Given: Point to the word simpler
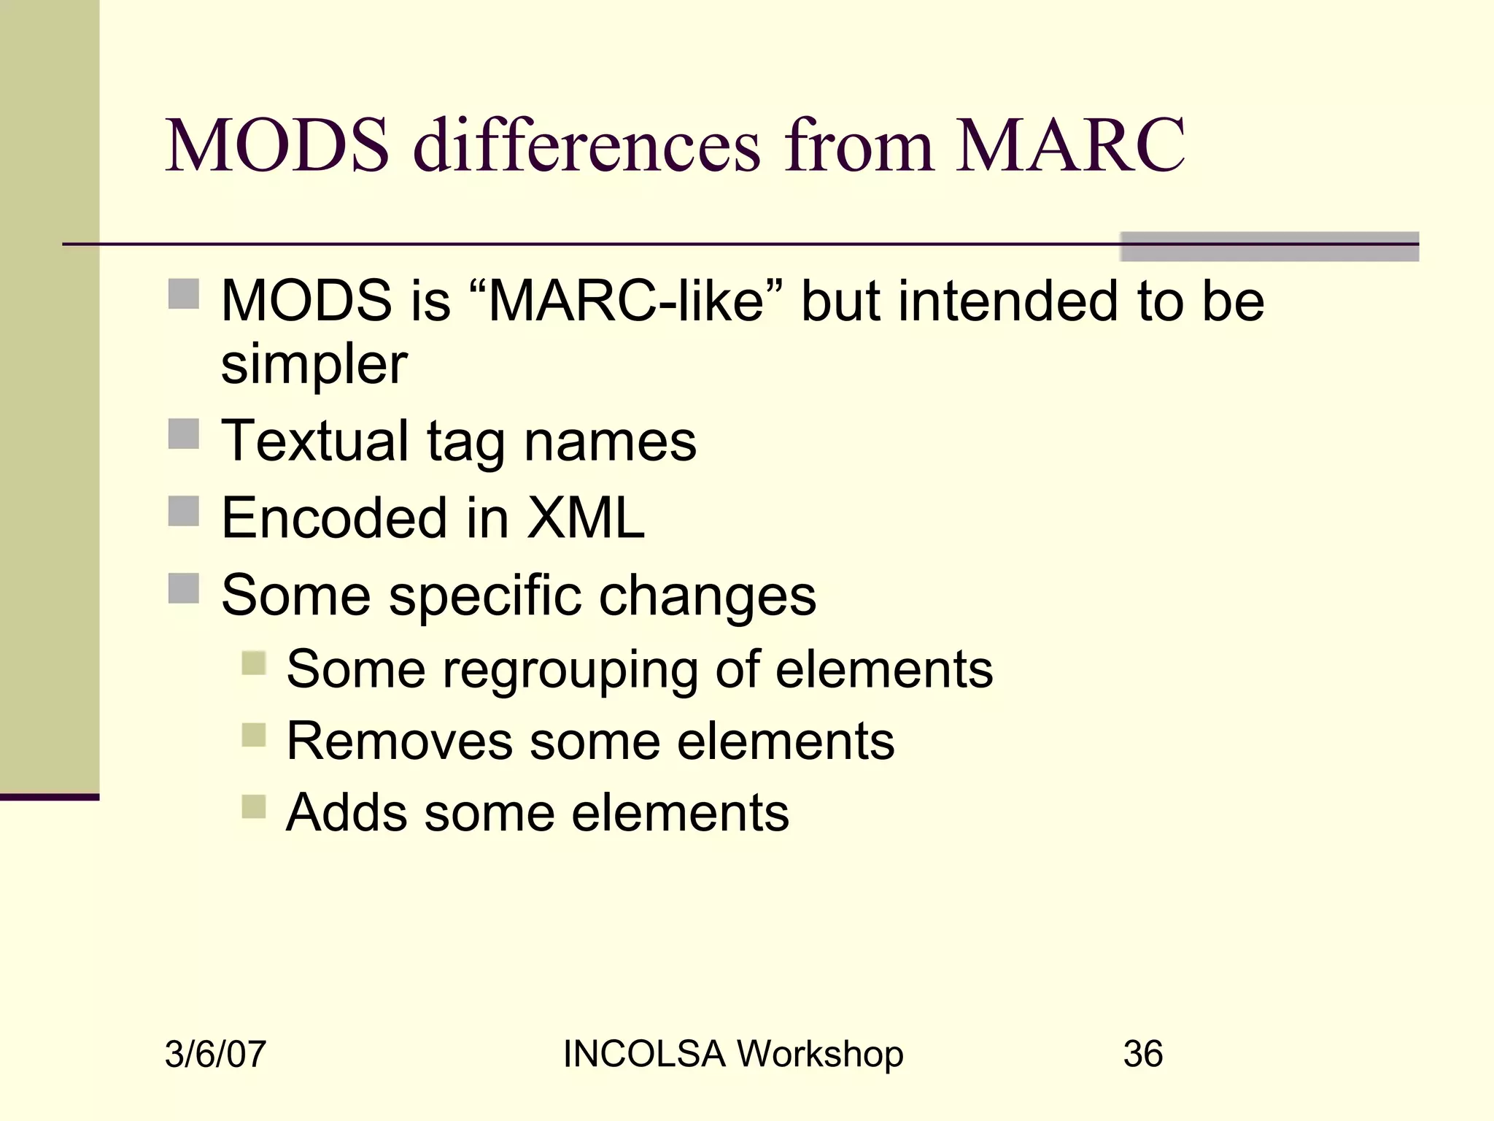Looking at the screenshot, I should [x=314, y=365].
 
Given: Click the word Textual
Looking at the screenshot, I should [x=314, y=441].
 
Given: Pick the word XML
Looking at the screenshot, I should [x=586, y=518].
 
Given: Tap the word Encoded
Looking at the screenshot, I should [x=334, y=518].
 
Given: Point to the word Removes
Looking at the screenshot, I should [x=399, y=741].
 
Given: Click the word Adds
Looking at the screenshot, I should [x=346, y=813].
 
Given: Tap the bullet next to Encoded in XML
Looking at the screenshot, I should [x=183, y=511].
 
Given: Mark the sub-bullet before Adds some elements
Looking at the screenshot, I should [x=254, y=806].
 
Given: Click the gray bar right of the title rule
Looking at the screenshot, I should [x=1269, y=247].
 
